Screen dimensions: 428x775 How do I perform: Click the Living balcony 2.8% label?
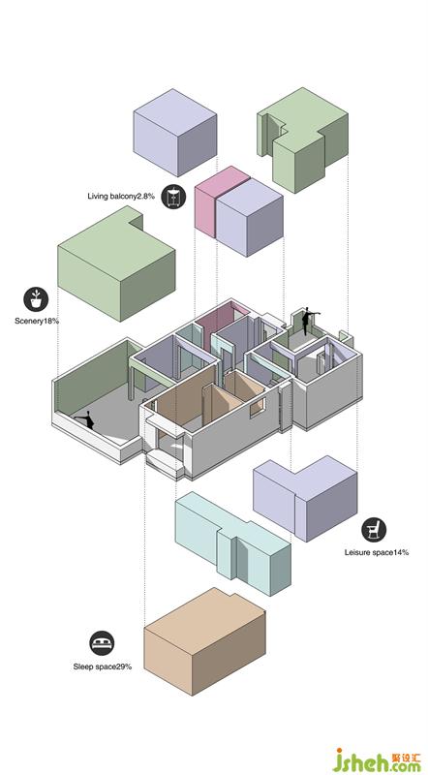click(x=121, y=197)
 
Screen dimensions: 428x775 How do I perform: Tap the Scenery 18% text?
click(x=37, y=322)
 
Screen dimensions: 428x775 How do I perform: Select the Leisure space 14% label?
click(x=377, y=552)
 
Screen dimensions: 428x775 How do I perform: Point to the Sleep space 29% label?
click(x=103, y=666)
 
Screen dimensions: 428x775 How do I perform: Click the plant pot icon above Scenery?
click(x=36, y=299)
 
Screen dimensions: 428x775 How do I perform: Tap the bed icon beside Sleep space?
click(x=102, y=643)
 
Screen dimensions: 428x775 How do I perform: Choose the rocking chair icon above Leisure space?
click(x=374, y=530)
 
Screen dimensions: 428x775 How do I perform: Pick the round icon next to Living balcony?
click(x=173, y=197)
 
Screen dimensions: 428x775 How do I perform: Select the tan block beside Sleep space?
click(x=204, y=641)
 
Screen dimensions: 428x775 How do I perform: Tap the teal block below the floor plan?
click(x=232, y=542)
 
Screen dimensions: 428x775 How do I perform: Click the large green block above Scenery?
click(x=116, y=263)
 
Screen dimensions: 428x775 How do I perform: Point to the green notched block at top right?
click(x=302, y=139)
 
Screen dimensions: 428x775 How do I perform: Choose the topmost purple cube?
click(x=175, y=133)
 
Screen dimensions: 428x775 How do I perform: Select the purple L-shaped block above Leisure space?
click(x=305, y=498)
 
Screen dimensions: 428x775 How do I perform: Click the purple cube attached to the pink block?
click(x=250, y=217)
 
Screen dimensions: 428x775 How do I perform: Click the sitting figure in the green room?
click(x=85, y=419)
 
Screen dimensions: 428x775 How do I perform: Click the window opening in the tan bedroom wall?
click(x=257, y=406)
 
